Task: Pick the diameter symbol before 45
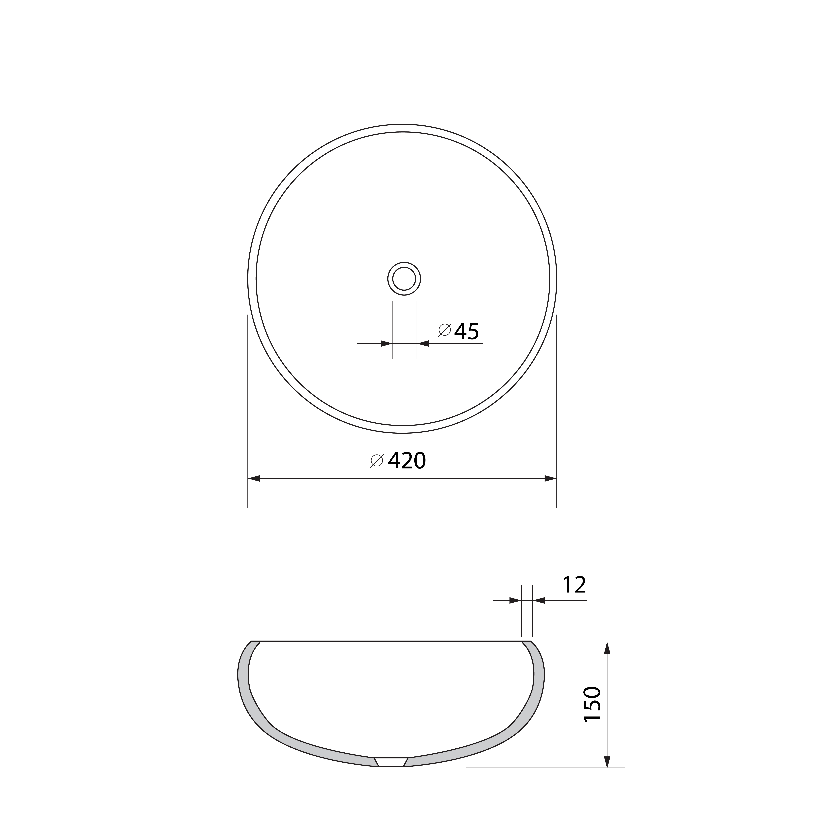click(445, 330)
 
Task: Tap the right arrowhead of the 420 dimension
click(550, 478)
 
